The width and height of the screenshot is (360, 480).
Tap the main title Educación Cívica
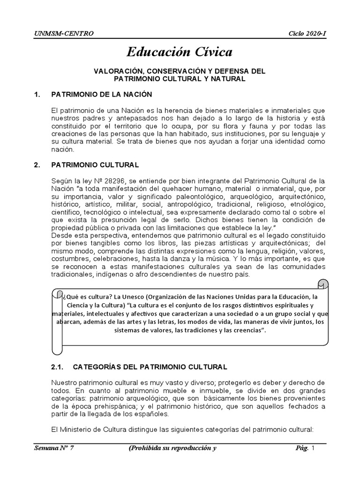180,52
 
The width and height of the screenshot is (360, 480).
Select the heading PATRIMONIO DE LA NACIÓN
101,95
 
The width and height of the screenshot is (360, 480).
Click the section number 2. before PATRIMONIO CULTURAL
37,165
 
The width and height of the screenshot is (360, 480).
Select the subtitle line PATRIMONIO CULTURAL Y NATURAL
180,79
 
